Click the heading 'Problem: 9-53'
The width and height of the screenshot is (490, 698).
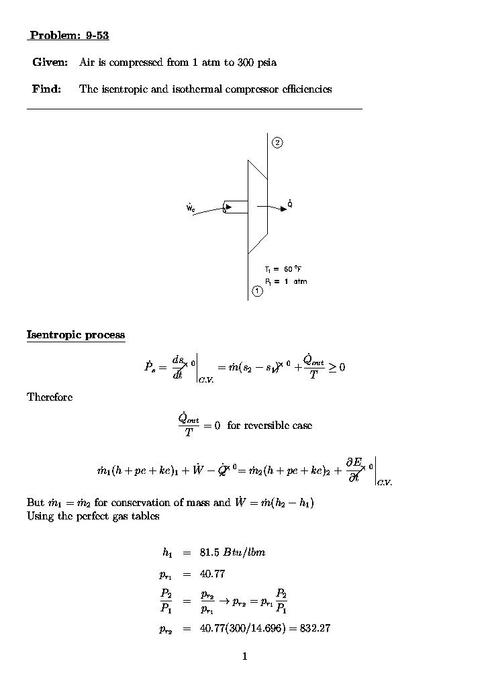pos(69,36)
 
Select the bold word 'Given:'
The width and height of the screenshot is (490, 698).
pos(50,62)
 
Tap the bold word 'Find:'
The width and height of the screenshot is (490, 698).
pos(46,89)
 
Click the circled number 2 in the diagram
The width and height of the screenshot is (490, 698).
pos(277,142)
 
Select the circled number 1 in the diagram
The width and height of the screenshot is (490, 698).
pos(257,291)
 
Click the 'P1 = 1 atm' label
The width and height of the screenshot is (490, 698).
pos(285,281)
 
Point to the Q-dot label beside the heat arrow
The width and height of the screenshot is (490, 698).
pos(289,203)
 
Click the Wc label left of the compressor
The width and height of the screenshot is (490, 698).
pos(191,208)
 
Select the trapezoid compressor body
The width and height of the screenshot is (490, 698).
pos(257,207)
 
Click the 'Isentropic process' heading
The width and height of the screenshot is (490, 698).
pos(76,334)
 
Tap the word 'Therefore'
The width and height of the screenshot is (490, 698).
pos(50,397)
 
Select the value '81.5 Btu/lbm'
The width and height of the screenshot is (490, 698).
pos(232,552)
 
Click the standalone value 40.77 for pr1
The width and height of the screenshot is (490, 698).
pos(212,574)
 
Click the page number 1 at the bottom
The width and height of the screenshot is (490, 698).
pos(245,656)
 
